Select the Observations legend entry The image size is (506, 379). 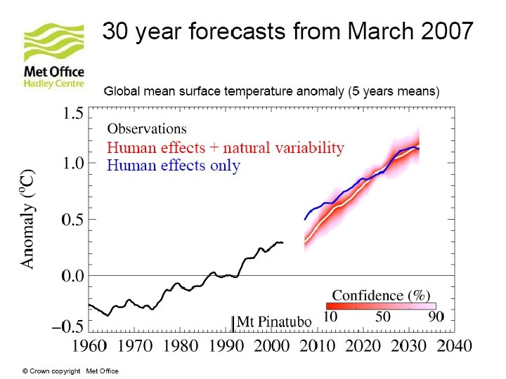pyautogui.click(x=147, y=129)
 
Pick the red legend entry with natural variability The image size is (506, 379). pyautogui.click(x=226, y=148)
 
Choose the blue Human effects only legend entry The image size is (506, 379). pyautogui.click(x=174, y=166)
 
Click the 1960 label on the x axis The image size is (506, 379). pyautogui.click(x=90, y=346)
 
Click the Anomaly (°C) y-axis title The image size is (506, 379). pyautogui.click(x=27, y=218)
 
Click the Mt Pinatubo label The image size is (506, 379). pyautogui.click(x=274, y=321)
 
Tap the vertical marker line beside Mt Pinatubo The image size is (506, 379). pyautogui.click(x=233, y=323)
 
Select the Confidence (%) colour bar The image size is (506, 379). pyautogui.click(x=380, y=306)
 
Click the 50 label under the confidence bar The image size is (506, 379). pyautogui.click(x=382, y=317)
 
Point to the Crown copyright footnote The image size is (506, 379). pyautogui.click(x=70, y=371)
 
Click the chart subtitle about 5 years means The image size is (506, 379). pyautogui.click(x=271, y=92)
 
